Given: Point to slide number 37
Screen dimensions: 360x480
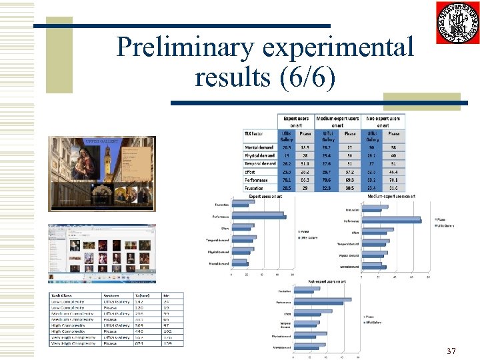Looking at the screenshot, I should click(x=451, y=351).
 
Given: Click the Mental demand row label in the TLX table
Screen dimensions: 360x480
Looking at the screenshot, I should click(x=260, y=147).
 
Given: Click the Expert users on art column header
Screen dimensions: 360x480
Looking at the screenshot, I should click(x=296, y=122).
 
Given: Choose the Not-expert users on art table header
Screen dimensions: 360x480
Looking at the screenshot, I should click(x=383, y=122).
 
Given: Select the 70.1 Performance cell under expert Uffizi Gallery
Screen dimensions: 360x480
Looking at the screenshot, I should click(x=286, y=180).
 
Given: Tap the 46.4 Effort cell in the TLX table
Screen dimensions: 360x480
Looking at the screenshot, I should click(x=394, y=172).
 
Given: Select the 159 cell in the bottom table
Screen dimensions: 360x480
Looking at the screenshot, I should click(x=167, y=343).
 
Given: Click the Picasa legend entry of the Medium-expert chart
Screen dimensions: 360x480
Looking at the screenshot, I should click(x=443, y=219).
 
